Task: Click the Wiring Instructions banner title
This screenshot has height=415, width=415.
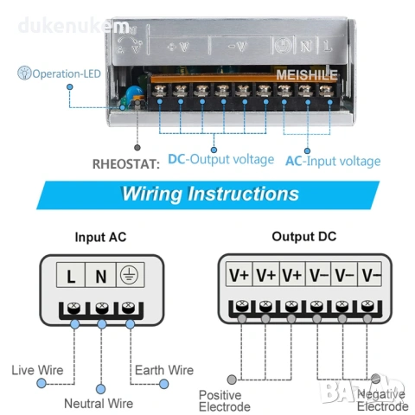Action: pos(210,192)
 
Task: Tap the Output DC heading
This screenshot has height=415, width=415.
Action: pos(304,236)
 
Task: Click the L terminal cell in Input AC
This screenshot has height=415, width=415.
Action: pos(71,277)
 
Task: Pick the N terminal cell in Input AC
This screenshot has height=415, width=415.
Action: pos(101,277)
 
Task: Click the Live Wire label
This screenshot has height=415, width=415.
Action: pos(36,370)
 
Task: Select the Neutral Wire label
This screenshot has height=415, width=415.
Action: pos(99,403)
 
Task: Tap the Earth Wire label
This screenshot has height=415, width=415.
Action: pos(163,370)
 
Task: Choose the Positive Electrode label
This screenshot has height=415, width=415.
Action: pos(224,400)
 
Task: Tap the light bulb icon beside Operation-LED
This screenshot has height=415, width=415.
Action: pos(22,74)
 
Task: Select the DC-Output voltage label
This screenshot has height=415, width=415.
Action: pos(220,159)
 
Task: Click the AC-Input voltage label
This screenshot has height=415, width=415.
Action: pos(332,161)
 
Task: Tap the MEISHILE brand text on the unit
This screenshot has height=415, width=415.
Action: pos(308,75)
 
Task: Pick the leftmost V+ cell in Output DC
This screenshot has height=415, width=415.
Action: pos(239,276)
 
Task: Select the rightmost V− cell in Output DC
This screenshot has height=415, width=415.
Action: pos(371,276)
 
